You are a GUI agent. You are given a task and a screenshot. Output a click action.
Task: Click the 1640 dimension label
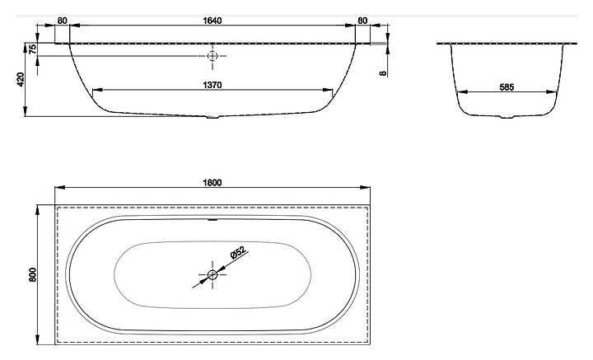[212, 21]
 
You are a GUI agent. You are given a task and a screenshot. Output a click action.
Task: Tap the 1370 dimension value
[212, 85]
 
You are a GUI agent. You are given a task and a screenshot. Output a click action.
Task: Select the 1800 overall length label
[212, 183]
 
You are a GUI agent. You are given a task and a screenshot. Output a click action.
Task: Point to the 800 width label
[33, 274]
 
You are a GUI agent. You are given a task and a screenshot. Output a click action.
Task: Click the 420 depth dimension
[21, 79]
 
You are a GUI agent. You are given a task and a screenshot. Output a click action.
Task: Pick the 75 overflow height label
[33, 49]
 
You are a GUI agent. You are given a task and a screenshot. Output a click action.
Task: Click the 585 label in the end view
[507, 87]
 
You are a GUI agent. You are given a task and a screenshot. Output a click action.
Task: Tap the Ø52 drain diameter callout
[238, 252]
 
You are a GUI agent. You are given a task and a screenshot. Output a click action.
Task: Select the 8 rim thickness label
[384, 73]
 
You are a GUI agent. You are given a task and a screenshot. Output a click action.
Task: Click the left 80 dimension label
[62, 21]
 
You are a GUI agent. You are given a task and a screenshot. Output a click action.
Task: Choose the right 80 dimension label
[362, 21]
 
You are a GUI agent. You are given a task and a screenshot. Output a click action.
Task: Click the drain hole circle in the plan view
[212, 274]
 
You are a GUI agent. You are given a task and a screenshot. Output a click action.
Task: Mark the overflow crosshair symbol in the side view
[212, 56]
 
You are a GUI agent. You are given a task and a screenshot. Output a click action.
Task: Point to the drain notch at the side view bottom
[212, 117]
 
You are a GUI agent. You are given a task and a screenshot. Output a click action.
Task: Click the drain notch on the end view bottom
[507, 117]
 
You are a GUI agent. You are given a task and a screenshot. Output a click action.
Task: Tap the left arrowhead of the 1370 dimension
[97, 90]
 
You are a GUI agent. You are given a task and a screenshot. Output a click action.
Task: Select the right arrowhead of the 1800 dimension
[366, 187]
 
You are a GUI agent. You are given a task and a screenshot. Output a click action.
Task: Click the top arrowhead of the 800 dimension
[37, 210]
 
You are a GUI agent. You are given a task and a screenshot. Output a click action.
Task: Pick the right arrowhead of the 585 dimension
[553, 91]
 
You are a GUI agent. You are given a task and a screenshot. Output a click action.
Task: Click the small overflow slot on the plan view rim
[212, 219]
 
